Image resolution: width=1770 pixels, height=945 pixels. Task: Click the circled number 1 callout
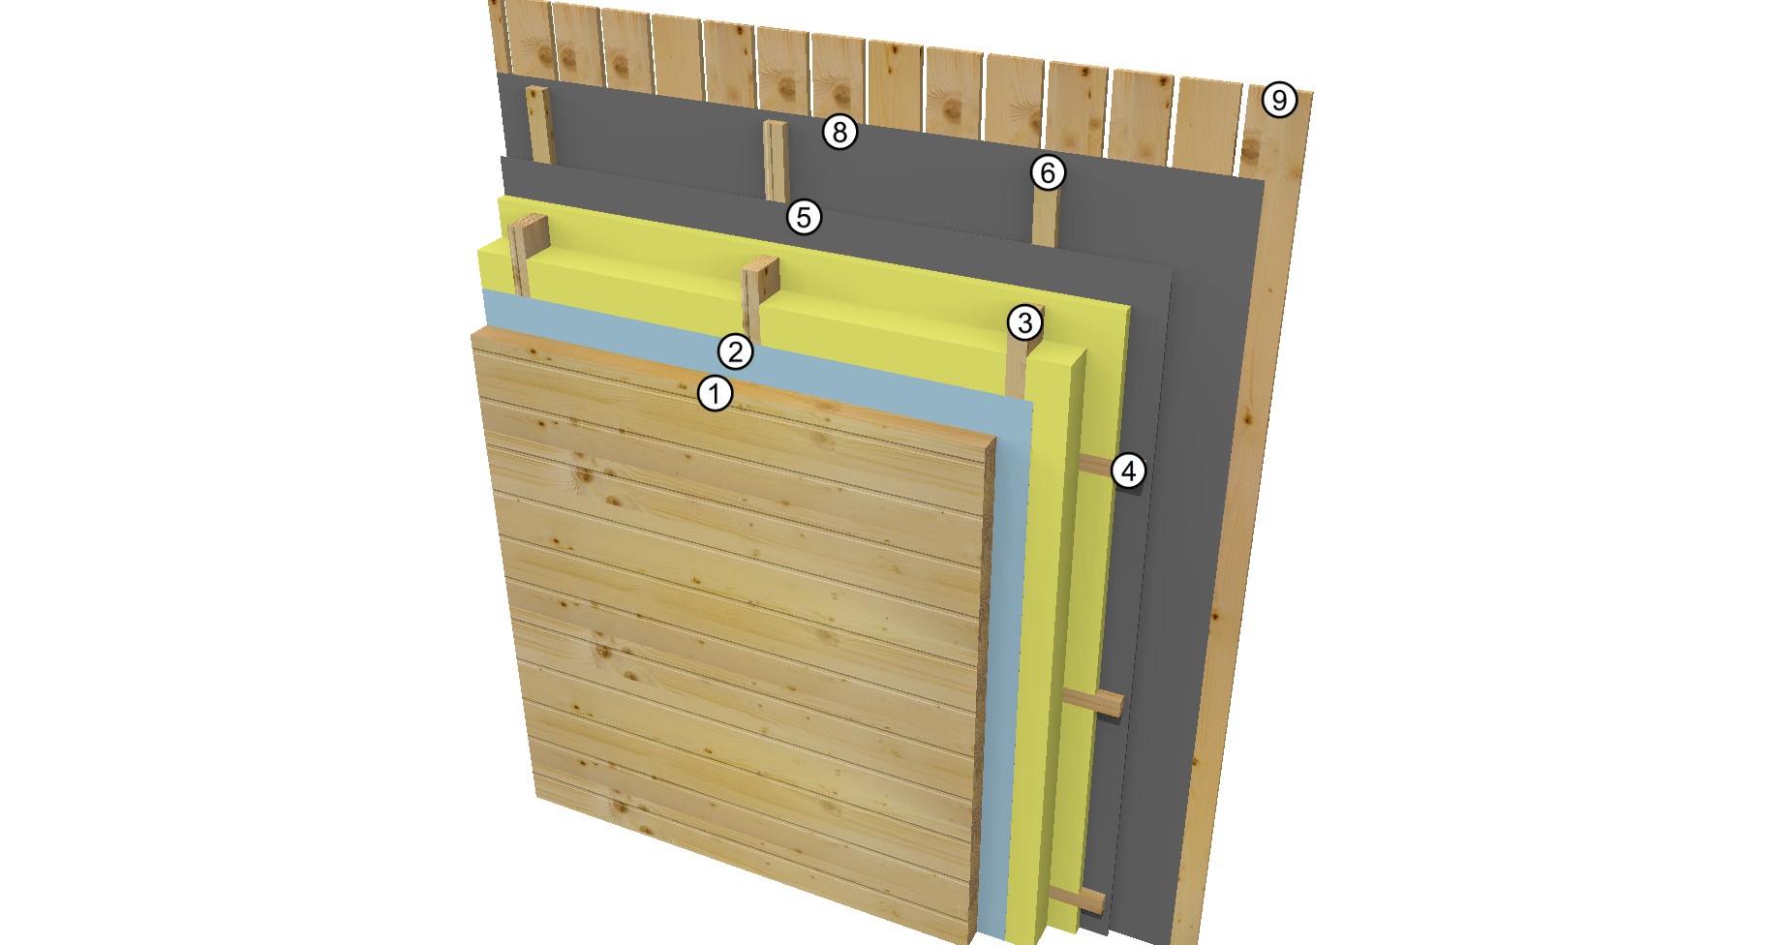(x=715, y=393)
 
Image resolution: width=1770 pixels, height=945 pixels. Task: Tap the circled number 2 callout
(x=735, y=351)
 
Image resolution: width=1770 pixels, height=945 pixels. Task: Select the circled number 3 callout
(x=1024, y=322)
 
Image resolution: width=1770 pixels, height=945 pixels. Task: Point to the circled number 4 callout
(x=1128, y=471)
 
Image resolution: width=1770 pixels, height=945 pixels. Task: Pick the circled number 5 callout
(x=804, y=216)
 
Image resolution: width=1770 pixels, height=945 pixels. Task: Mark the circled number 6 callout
(x=1047, y=172)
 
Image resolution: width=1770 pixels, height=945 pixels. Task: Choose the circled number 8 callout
(x=839, y=131)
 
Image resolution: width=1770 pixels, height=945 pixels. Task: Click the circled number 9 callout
(x=1279, y=100)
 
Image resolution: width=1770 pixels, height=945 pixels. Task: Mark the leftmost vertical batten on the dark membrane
(x=539, y=124)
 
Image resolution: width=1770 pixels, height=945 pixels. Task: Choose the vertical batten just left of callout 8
(x=776, y=161)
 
